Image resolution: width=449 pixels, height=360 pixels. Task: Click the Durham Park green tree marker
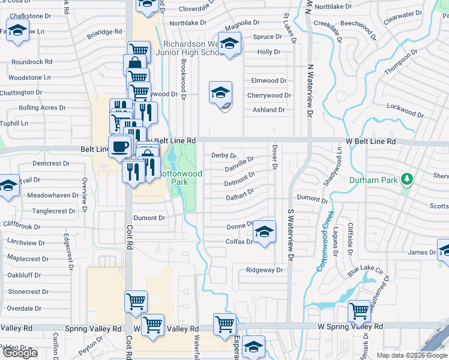(408, 179)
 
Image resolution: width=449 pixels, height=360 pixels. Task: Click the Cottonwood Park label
(179, 178)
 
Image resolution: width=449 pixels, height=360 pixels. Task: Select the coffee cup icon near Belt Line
(119, 146)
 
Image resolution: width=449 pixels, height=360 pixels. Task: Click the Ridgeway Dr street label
(264, 271)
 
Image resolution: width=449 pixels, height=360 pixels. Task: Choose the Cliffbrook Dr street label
(20, 227)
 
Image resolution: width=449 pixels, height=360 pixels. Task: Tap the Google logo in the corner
(20, 353)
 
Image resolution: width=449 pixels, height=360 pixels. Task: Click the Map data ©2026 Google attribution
(412, 355)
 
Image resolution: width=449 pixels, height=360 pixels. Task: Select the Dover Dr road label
(274, 157)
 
